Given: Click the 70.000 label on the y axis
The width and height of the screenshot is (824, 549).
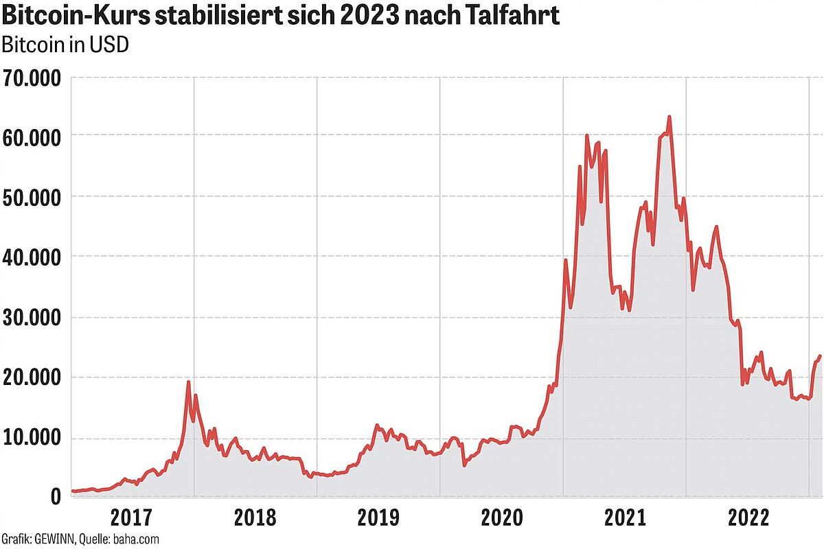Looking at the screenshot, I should pyautogui.click(x=32, y=77).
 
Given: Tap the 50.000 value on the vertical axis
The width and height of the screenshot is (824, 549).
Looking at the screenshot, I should pyautogui.click(x=32, y=197).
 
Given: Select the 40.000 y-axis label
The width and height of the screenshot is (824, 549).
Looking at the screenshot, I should pyautogui.click(x=32, y=257).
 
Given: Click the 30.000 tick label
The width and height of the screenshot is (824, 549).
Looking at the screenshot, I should pyautogui.click(x=32, y=318).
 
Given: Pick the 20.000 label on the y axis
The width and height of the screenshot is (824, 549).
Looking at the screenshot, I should pyautogui.click(x=32, y=377).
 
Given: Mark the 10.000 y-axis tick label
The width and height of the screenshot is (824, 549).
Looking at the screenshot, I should pyautogui.click(x=32, y=438).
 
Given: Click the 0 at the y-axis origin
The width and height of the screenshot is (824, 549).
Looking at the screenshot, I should pyautogui.click(x=56, y=496).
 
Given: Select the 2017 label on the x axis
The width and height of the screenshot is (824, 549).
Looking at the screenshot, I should pyautogui.click(x=131, y=517).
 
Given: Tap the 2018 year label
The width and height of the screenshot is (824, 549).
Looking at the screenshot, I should pyautogui.click(x=255, y=517).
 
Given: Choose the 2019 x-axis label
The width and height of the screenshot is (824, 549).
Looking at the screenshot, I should pyautogui.click(x=378, y=517).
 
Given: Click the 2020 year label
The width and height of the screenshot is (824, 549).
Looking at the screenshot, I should pyautogui.click(x=502, y=517).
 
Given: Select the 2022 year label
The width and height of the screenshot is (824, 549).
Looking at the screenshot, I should pyautogui.click(x=748, y=517).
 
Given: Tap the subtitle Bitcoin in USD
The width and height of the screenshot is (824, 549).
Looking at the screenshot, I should pyautogui.click(x=66, y=45).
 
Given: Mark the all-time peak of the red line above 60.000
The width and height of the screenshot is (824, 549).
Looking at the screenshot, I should pyautogui.click(x=669, y=117).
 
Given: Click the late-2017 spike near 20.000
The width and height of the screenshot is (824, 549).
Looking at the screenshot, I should pyautogui.click(x=188, y=382).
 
